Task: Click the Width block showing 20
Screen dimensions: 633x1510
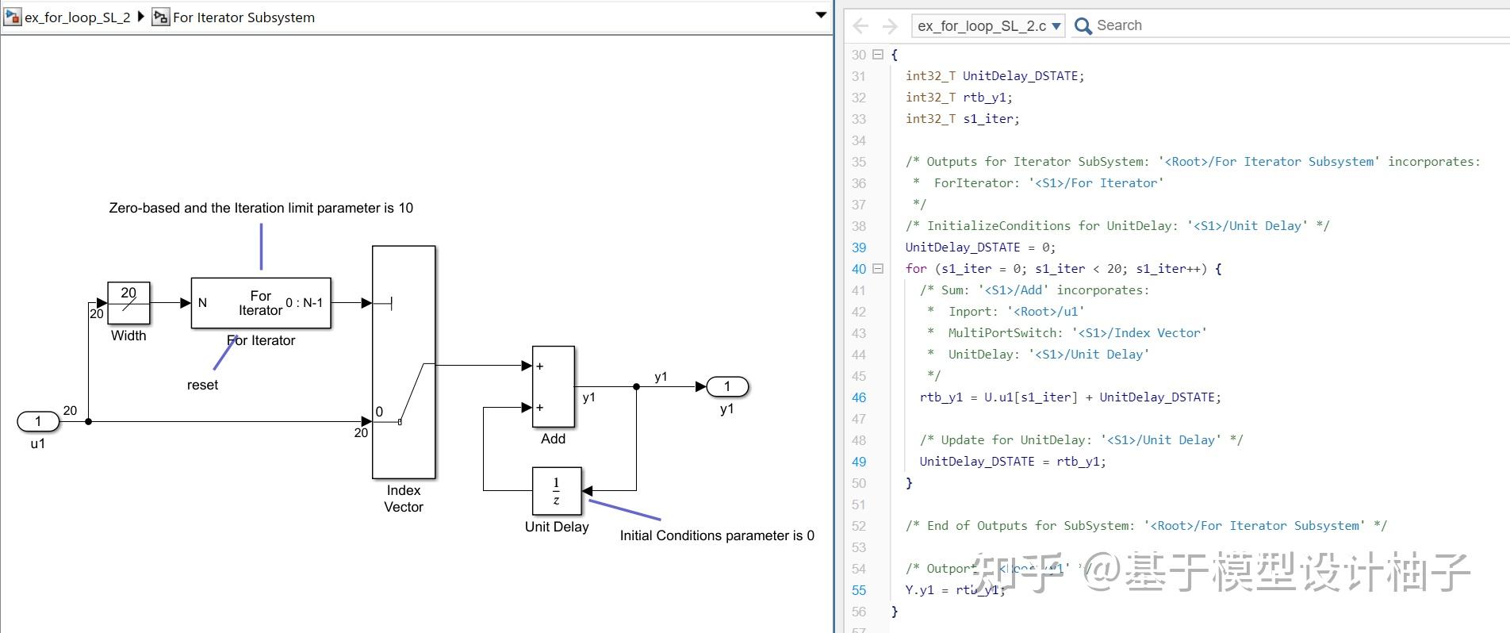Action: point(128,302)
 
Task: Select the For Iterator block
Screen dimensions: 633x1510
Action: point(261,303)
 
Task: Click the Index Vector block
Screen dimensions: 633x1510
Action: point(404,362)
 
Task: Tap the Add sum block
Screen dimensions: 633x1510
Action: point(553,386)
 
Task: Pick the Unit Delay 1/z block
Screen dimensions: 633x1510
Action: point(556,491)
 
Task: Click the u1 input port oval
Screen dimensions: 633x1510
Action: point(38,421)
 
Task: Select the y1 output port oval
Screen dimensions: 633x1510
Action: point(726,386)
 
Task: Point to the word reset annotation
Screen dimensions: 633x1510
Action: point(202,385)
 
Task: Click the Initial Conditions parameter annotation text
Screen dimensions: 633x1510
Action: point(717,535)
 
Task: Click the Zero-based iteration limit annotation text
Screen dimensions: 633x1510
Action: point(261,208)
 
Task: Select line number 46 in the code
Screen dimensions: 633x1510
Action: point(859,397)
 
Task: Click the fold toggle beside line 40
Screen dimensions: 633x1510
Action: point(878,269)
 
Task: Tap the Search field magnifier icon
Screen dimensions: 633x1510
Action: point(1083,26)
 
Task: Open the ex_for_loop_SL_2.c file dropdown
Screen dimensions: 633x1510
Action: point(1056,26)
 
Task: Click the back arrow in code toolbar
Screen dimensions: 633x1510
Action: point(860,26)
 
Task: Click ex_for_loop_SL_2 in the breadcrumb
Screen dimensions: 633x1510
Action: point(77,17)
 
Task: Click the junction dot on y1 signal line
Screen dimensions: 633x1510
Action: point(636,386)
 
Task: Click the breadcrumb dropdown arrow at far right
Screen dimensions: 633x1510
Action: point(821,15)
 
